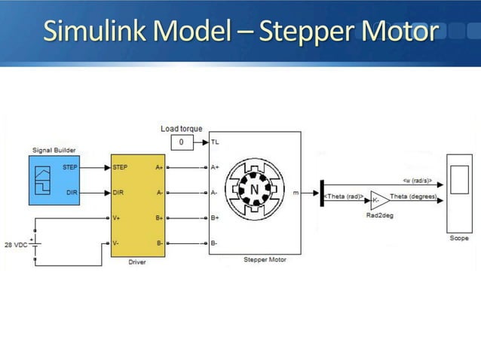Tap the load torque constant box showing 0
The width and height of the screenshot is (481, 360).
click(181, 142)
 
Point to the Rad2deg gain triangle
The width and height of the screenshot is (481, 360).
click(379, 200)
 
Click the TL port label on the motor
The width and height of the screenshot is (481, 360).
click(216, 141)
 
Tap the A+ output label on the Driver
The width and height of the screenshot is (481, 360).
click(159, 166)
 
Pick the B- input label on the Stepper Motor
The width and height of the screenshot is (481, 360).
click(215, 243)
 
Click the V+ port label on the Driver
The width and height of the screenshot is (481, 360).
click(116, 218)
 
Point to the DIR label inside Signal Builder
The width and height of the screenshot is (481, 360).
click(72, 193)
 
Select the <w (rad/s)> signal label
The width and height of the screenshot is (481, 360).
click(417, 180)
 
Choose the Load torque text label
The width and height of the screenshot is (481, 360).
click(181, 129)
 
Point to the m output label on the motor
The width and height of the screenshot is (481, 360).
click(295, 193)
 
